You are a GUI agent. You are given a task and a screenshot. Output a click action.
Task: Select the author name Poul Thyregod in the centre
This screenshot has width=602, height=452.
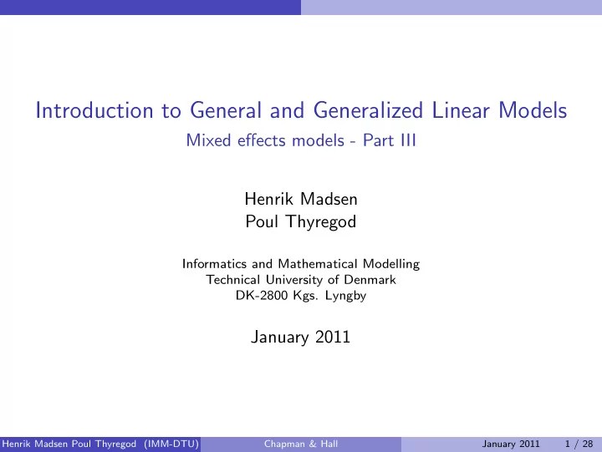pos(301,221)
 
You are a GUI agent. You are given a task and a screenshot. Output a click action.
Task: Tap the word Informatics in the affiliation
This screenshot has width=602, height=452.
pos(212,264)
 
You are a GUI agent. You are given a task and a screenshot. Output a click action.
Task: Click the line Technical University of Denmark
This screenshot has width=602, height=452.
pos(301,280)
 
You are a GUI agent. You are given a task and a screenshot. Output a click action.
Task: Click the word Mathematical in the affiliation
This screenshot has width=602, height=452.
pos(317,264)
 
